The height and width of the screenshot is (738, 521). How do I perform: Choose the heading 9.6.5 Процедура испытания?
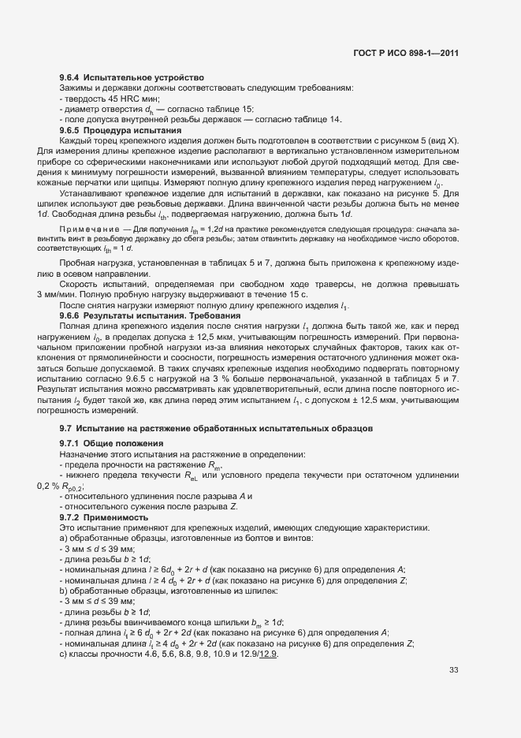[x=121, y=129]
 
